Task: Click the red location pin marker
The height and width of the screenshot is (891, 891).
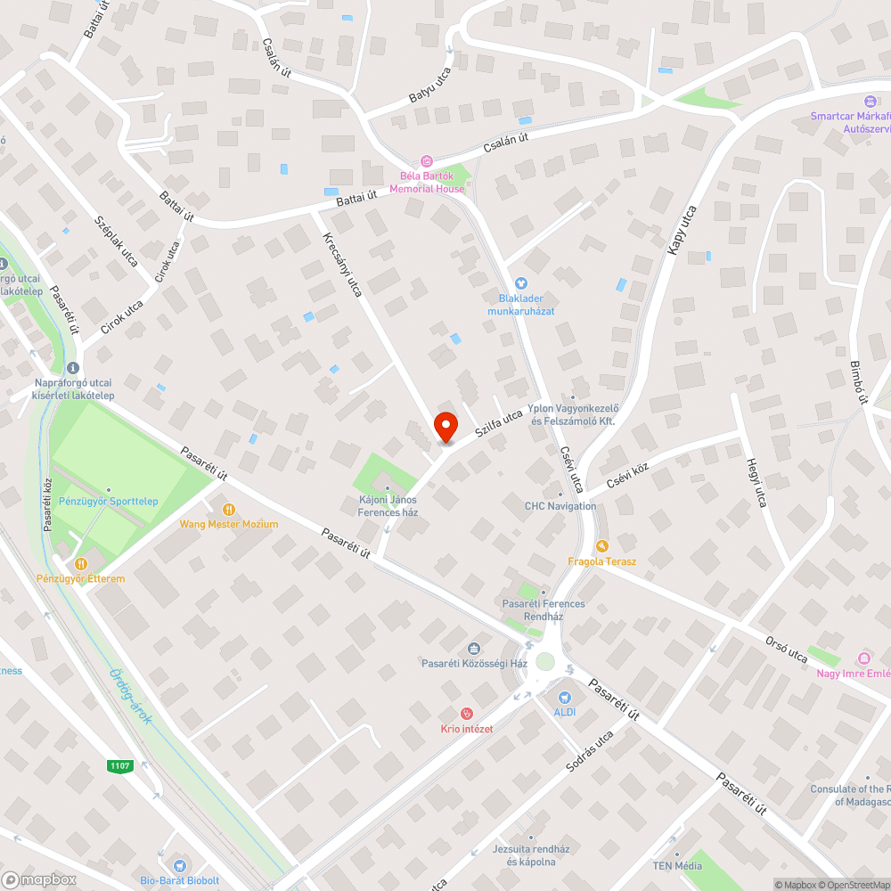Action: point(445,426)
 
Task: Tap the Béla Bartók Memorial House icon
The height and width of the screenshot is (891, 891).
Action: point(427,160)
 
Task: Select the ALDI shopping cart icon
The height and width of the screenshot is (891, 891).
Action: point(563,698)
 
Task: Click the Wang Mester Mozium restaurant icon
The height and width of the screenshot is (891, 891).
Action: point(229,509)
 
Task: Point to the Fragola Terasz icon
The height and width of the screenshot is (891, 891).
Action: point(602,545)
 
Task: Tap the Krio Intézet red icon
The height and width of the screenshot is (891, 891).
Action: point(466,714)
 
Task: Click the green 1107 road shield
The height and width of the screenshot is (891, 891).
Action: point(119,765)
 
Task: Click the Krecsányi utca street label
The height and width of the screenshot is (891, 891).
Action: point(342,265)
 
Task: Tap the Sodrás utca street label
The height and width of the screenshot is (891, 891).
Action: point(591,751)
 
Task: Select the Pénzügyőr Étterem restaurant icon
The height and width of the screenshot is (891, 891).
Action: point(81,563)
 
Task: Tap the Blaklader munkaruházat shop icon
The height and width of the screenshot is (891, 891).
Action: point(521,283)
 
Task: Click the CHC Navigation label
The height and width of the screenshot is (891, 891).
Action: point(560,506)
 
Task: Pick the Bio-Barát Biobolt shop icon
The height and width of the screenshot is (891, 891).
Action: point(181,865)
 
